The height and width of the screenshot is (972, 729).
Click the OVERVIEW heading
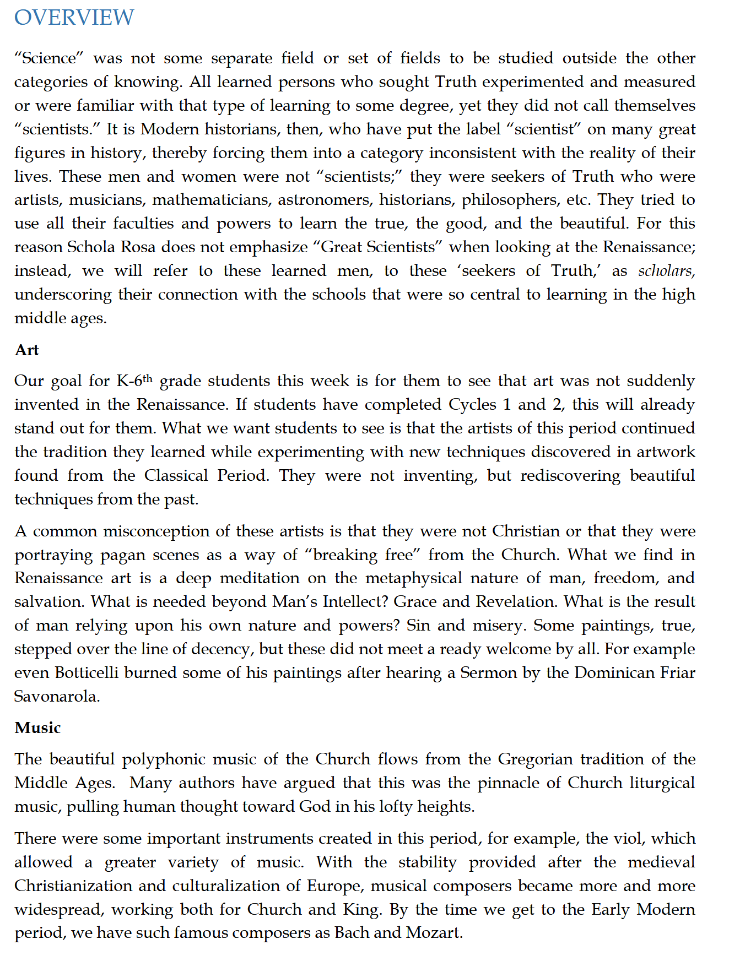point(74,18)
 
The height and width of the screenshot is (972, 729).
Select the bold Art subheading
point(26,350)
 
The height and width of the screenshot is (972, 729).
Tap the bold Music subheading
point(37,728)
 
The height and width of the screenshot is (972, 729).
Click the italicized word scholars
point(666,271)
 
